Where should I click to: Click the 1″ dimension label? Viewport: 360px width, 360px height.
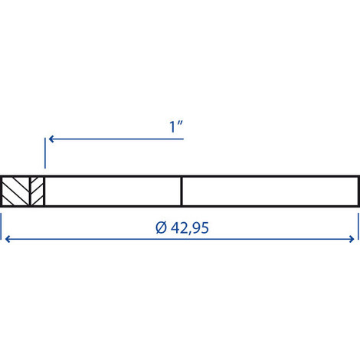(176, 127)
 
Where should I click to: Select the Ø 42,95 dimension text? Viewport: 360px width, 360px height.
(182, 227)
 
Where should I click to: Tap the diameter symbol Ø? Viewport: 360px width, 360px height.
(161, 227)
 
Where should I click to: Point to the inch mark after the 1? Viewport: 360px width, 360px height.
(181, 123)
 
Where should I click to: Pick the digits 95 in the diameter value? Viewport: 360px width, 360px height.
(201, 227)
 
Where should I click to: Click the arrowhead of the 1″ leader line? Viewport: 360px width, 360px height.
(51, 139)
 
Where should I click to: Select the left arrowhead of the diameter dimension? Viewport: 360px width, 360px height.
(8, 239)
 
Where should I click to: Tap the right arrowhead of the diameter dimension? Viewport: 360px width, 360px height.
(352, 239)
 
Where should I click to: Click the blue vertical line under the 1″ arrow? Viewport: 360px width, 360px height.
(45, 153)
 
